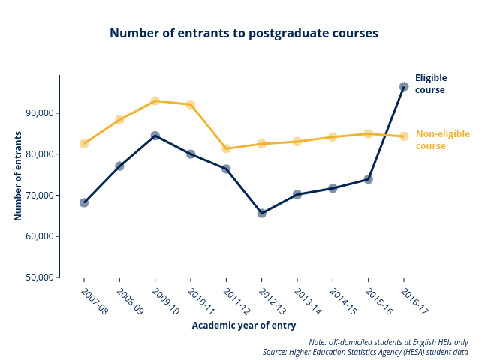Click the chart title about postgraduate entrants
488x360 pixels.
[x=243, y=33]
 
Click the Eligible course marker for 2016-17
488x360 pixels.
[x=404, y=87]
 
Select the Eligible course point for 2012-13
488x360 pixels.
[x=261, y=213]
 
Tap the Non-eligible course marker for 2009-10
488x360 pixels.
[x=155, y=101]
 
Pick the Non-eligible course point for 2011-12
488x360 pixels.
[x=226, y=148]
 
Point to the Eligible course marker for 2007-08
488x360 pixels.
[x=84, y=202]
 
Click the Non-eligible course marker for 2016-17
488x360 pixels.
[x=404, y=136]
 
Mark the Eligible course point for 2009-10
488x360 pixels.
[x=155, y=136]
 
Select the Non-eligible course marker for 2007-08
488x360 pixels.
[x=84, y=143]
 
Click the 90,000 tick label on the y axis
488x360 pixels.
[x=39, y=113]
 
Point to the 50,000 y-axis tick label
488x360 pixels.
[x=39, y=277]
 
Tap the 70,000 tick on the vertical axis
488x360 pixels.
[x=39, y=195]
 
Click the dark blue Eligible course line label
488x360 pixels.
[x=431, y=83]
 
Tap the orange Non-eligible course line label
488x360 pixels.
[x=442, y=139]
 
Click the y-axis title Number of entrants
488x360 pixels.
[x=18, y=176]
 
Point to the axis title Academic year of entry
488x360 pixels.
[x=243, y=325]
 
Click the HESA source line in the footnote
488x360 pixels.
[x=365, y=352]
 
